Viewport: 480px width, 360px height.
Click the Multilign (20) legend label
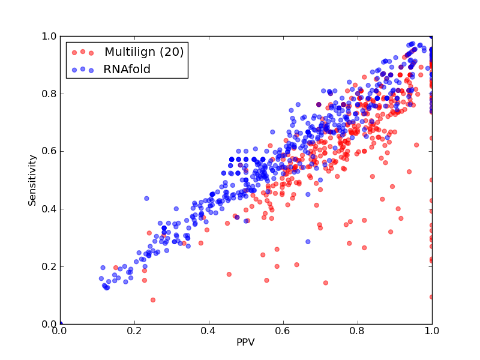(x=144, y=52)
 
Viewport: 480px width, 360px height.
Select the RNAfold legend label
(x=127, y=70)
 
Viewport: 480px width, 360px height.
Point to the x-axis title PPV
(x=245, y=342)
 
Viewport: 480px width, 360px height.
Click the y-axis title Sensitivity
(x=32, y=180)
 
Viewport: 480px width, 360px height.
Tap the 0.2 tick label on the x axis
(x=134, y=331)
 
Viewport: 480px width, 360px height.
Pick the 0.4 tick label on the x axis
(x=209, y=331)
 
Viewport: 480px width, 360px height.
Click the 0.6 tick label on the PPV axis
(x=283, y=331)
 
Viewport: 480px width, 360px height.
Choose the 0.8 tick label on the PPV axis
(x=358, y=331)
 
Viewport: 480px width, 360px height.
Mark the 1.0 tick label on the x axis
(x=432, y=331)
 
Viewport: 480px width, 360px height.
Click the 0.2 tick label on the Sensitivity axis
(x=49, y=266)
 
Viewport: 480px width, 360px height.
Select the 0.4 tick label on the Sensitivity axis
(x=49, y=209)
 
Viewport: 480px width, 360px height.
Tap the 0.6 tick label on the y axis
(x=49, y=152)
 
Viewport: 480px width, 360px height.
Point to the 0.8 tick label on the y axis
(x=49, y=94)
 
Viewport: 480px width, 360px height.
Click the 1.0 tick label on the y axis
(x=49, y=36)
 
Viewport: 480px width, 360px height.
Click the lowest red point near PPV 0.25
(x=153, y=300)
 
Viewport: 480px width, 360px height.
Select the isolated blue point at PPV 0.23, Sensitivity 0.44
(x=146, y=199)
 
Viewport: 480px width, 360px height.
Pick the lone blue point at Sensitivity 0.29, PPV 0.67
(x=308, y=242)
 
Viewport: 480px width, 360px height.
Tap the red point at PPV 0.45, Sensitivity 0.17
(x=229, y=274)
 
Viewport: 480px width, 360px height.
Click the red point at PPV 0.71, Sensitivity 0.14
(x=326, y=283)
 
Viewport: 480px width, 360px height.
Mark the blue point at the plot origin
(x=61, y=323)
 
